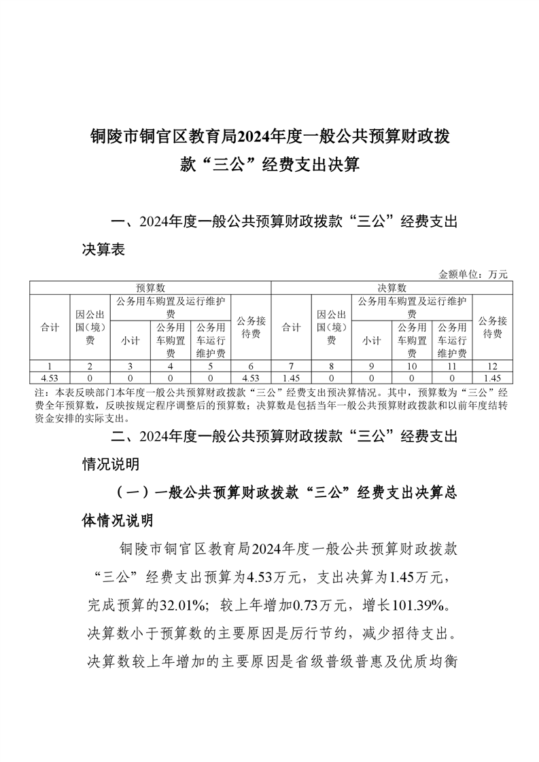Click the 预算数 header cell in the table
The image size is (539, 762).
click(x=150, y=287)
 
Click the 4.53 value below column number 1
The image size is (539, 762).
click(x=50, y=377)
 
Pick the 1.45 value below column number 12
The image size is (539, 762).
click(x=492, y=377)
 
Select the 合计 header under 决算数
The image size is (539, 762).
click(x=291, y=327)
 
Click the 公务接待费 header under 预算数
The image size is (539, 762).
click(x=251, y=327)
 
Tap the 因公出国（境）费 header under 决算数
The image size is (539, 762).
click(x=331, y=327)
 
